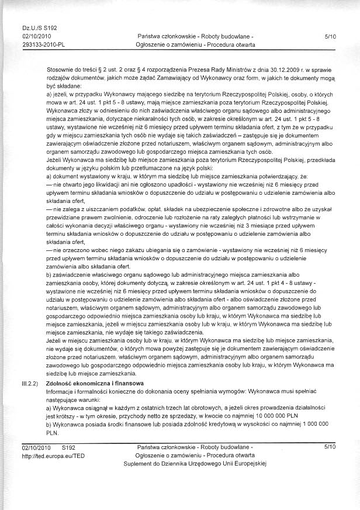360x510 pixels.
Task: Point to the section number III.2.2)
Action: point(29,382)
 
